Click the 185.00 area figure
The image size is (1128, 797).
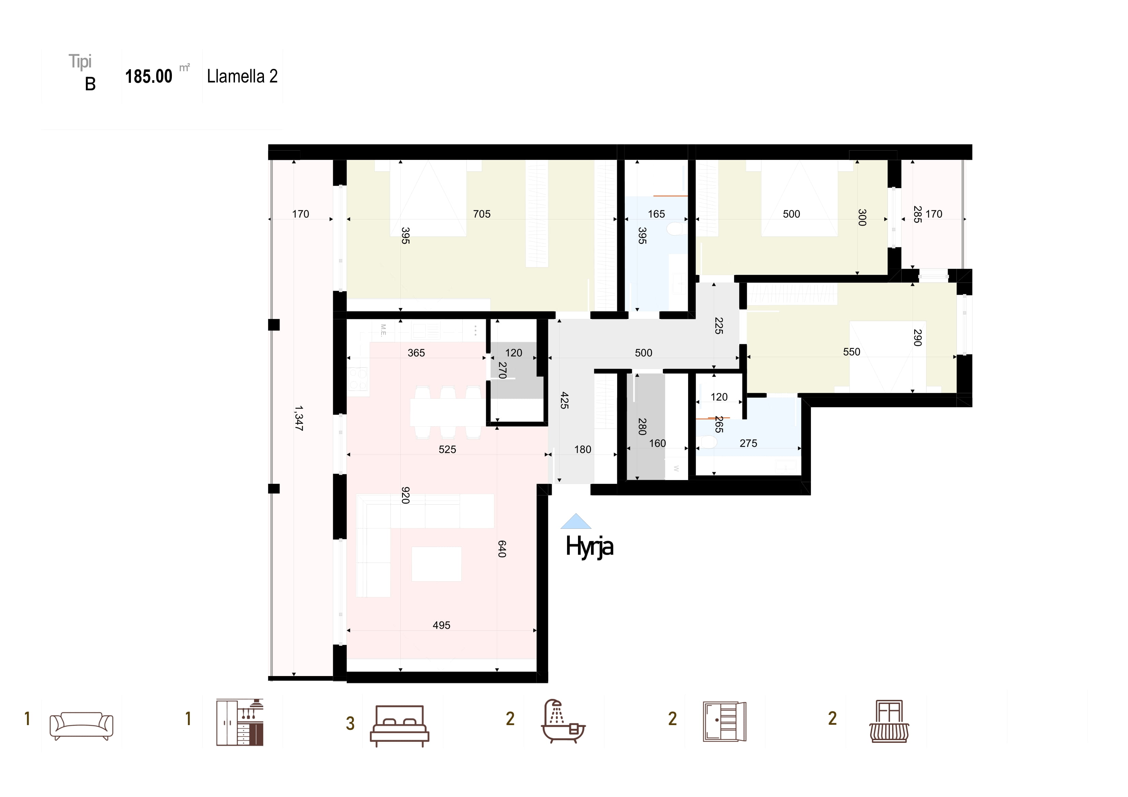pos(149,77)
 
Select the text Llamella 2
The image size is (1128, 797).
pos(242,76)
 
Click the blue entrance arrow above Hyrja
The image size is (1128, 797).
pos(576,521)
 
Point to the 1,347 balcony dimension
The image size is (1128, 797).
pos(299,418)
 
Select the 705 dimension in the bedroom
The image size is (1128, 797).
pos(481,214)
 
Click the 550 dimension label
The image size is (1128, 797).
pos(851,352)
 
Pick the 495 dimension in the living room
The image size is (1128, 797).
pos(441,625)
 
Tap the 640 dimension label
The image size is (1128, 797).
pos(502,549)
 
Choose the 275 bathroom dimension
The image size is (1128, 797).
pos(748,443)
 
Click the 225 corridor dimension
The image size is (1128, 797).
pos(719,325)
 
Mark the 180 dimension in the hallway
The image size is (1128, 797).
pos(583,449)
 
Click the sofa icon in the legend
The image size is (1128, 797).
pos(81,726)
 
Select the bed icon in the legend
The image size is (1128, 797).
pos(399,726)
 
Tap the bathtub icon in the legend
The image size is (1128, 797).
pos(563,720)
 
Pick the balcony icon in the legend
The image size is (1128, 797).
pos(889,721)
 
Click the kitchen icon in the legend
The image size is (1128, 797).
pos(240,722)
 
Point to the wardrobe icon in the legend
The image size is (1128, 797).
pos(725,721)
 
